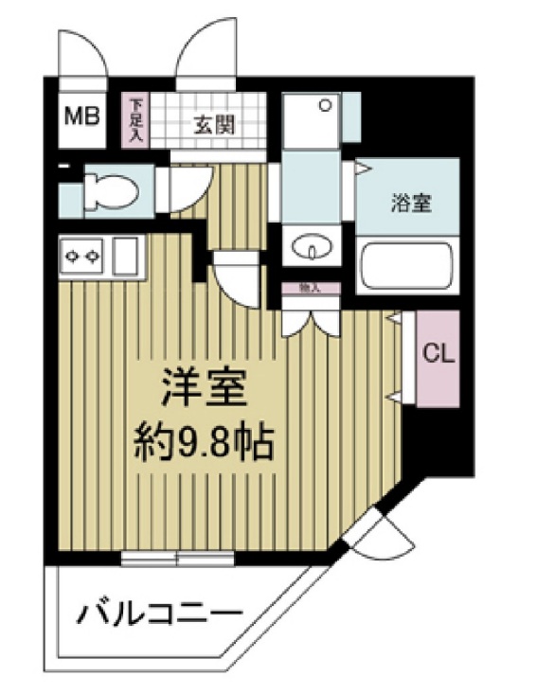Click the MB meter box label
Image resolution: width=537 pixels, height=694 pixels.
tap(81, 117)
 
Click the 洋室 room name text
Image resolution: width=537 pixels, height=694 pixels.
tap(199, 386)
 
